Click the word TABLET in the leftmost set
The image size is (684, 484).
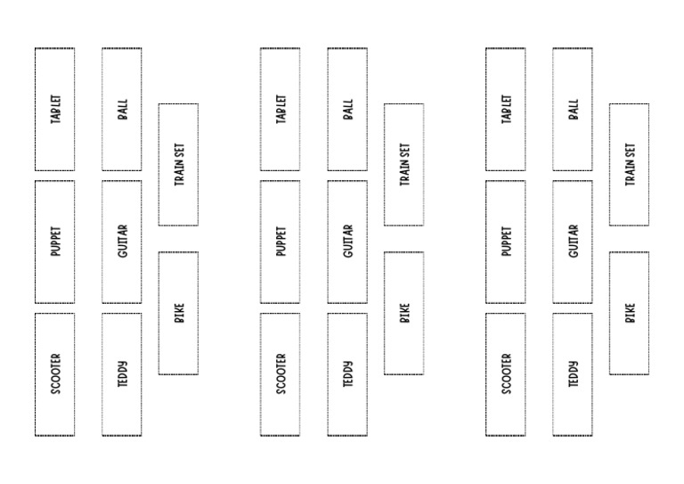pyautogui.click(x=56, y=109)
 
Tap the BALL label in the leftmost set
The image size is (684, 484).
pyautogui.click(x=123, y=109)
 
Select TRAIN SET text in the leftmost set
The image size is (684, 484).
pyautogui.click(x=179, y=165)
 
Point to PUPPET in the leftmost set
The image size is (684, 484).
pyautogui.click(x=56, y=241)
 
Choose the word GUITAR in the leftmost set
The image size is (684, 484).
pyautogui.click(x=123, y=241)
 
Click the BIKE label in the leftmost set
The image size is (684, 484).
pyautogui.click(x=179, y=313)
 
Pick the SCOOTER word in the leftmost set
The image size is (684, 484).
pyautogui.click(x=56, y=374)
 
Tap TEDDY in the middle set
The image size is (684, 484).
pyautogui.click(x=348, y=374)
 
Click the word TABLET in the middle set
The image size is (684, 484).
pyautogui.click(x=281, y=109)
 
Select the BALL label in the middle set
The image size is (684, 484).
pyautogui.click(x=348, y=109)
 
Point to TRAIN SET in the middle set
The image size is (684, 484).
pyautogui.click(x=405, y=165)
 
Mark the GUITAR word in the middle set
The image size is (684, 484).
pyautogui.click(x=348, y=241)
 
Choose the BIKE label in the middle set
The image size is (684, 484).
pyautogui.click(x=405, y=313)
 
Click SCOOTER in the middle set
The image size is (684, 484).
pyautogui.click(x=281, y=374)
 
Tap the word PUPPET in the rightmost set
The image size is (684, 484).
pyautogui.click(x=507, y=241)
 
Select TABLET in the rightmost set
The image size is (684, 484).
pyautogui.click(x=507, y=109)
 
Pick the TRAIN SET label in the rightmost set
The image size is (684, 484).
pyautogui.click(x=631, y=165)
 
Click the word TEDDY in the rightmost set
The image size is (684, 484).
pyautogui.click(x=574, y=374)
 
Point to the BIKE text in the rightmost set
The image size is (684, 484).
pyautogui.click(x=631, y=313)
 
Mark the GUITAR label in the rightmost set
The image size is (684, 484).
pyautogui.click(x=574, y=241)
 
